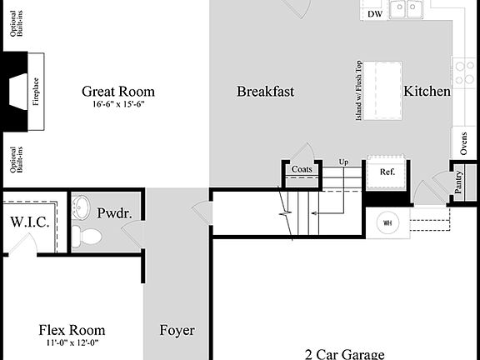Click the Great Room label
pyautogui.click(x=117, y=92)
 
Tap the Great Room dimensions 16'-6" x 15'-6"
pyautogui.click(x=119, y=106)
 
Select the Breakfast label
pyautogui.click(x=265, y=92)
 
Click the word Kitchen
pyautogui.click(x=427, y=92)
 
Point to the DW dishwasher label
pyautogui.click(x=375, y=14)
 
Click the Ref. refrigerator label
pyautogui.click(x=387, y=172)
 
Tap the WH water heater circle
pyautogui.click(x=387, y=223)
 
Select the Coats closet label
pyautogui.click(x=301, y=170)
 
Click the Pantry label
pyautogui.click(x=459, y=182)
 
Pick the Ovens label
pyautogui.click(x=464, y=144)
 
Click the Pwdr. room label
pyautogui.click(x=114, y=213)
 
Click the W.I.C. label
pyautogui.click(x=29, y=223)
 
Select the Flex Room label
pyautogui.click(x=72, y=330)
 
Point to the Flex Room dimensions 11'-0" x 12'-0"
pyautogui.click(x=72, y=342)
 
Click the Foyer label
pyautogui.click(x=177, y=331)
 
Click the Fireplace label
pyautogui.click(x=36, y=91)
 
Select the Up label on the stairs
pyautogui.click(x=343, y=162)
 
